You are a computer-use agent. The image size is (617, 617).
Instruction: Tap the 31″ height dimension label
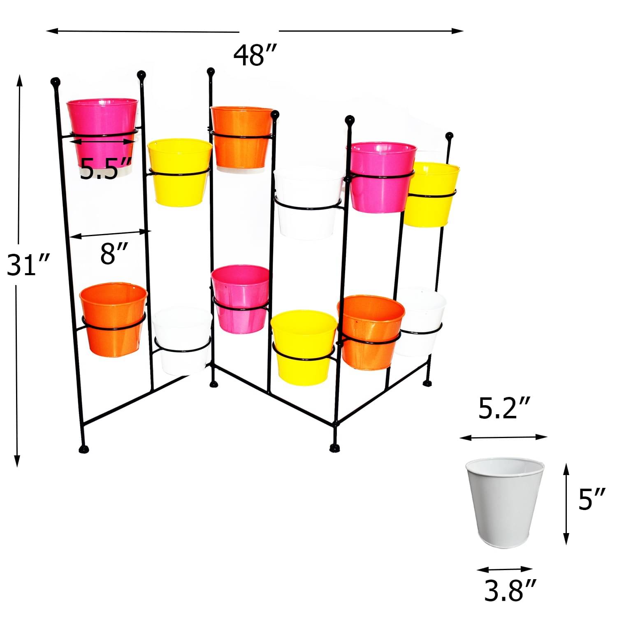[x=28, y=265]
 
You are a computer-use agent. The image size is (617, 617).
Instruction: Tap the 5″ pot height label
[x=591, y=499]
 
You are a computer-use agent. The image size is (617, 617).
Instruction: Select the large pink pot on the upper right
[x=383, y=177]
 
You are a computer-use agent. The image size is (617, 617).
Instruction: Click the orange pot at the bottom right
[x=370, y=332]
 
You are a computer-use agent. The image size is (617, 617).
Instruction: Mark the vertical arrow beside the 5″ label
[x=566, y=503]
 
